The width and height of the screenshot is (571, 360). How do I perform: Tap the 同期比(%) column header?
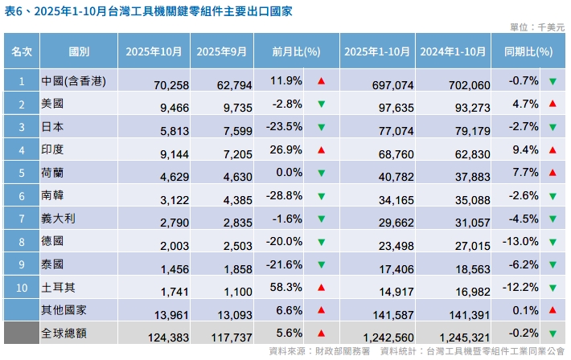click(x=528, y=52)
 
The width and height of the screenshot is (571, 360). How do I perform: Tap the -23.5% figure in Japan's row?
click(x=287, y=126)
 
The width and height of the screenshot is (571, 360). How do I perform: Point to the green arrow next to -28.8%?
click(x=321, y=195)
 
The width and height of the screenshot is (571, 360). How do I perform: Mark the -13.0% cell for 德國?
click(x=524, y=241)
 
